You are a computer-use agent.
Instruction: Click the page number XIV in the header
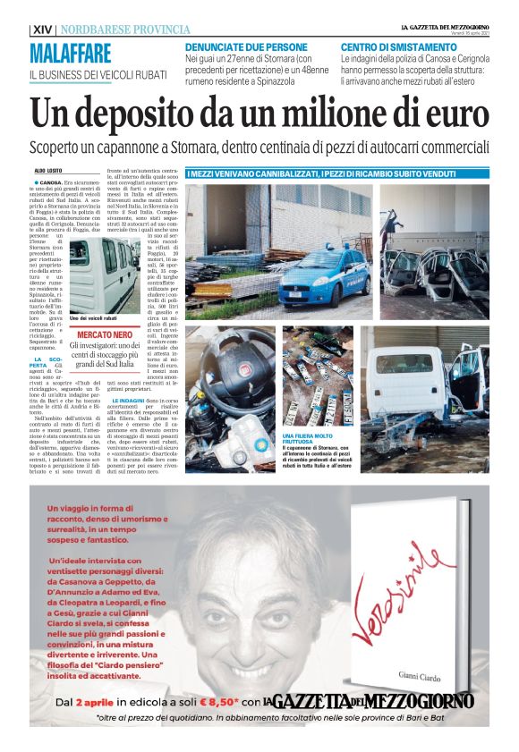pos(41,30)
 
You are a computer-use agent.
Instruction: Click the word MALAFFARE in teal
pos(71,53)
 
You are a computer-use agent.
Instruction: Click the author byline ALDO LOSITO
pos(50,169)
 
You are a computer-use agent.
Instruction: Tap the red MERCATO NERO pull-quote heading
pos(106,334)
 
